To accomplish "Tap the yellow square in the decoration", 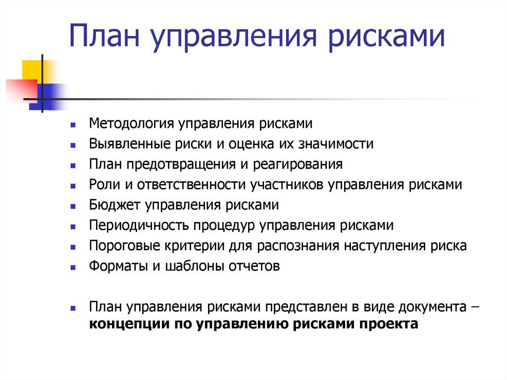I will (x=33, y=69).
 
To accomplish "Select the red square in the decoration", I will (x=20, y=89).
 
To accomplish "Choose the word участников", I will (x=288, y=185).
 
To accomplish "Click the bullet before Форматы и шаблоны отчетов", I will (x=73, y=267).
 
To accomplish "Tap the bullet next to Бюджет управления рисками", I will (x=73, y=206).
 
